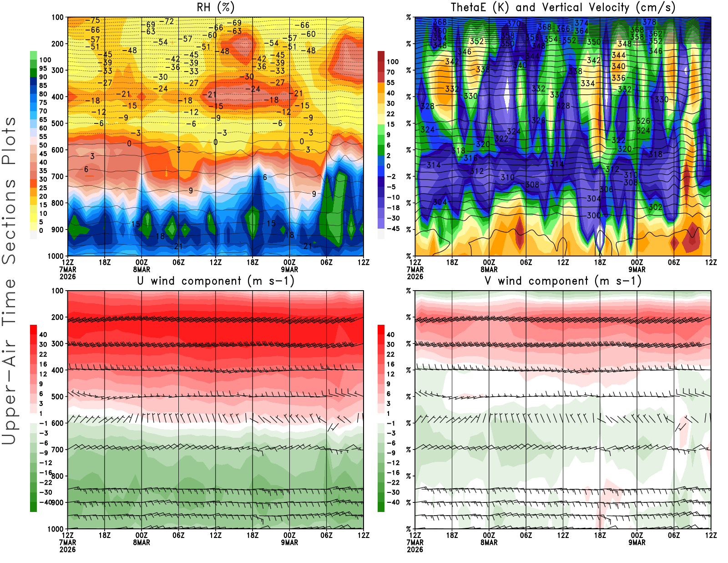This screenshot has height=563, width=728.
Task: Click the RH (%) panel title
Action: point(216,7)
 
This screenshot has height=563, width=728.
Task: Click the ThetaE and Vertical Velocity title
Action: point(563,7)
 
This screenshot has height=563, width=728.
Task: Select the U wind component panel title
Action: point(216,281)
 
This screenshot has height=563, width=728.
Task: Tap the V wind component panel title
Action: point(563,281)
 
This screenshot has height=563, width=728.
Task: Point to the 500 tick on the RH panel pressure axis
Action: point(57,123)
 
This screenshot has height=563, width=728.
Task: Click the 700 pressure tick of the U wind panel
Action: point(57,450)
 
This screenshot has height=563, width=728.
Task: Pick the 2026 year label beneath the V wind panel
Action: point(415,550)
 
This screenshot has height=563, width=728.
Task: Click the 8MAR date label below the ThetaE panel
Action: point(489,270)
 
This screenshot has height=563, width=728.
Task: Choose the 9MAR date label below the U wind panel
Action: point(289,543)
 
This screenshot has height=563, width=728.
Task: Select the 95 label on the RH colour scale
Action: point(43,68)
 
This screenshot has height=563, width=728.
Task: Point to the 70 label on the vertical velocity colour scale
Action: point(390,72)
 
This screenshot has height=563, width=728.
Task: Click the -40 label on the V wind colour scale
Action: point(393,502)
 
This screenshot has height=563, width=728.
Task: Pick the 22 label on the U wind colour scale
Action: point(43,354)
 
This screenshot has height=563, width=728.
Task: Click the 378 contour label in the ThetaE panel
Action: point(649,22)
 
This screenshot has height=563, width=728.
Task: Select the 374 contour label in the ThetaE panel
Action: point(581,23)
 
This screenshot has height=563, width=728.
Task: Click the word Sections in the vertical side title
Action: point(9,221)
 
